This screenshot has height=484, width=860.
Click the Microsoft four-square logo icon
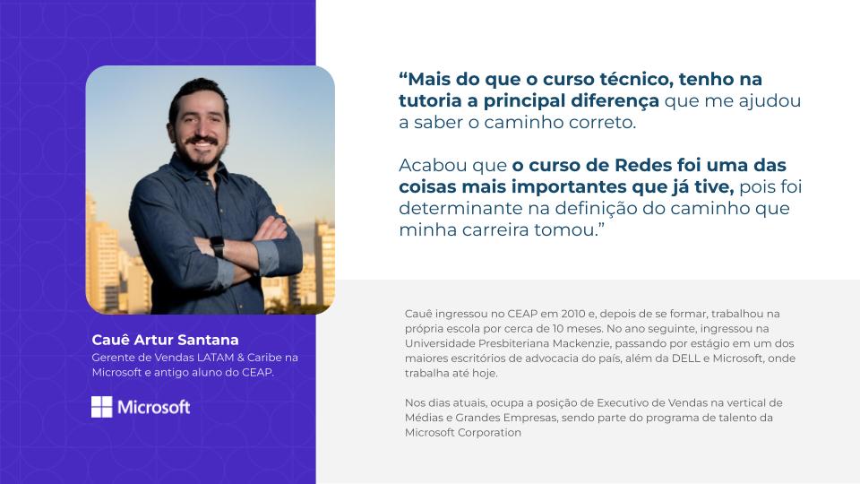click(x=101, y=407)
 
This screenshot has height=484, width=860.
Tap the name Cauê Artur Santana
click(x=165, y=340)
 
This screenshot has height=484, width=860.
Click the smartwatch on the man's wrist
click(x=217, y=246)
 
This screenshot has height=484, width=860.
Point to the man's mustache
click(x=202, y=141)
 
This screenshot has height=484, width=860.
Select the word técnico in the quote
click(x=636, y=79)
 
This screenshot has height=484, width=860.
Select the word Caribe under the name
click(x=265, y=358)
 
